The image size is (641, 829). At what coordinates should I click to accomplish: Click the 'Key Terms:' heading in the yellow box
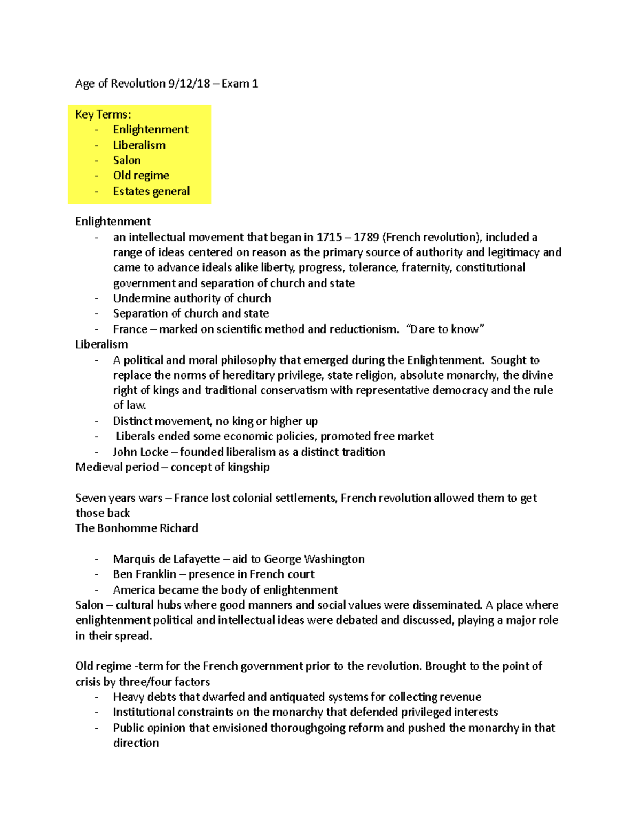click(103, 114)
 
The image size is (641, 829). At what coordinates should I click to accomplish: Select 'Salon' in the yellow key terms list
click(127, 160)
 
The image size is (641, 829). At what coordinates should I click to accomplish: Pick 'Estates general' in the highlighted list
click(151, 191)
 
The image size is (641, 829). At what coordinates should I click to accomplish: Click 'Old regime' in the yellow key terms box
click(141, 176)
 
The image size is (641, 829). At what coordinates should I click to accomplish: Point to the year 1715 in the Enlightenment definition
click(329, 237)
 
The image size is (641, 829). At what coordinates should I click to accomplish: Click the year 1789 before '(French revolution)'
click(366, 237)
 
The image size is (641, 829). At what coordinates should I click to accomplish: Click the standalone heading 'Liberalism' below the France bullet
click(101, 344)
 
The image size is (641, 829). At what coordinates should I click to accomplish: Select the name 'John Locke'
click(140, 452)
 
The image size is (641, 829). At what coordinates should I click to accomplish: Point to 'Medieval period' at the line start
click(117, 467)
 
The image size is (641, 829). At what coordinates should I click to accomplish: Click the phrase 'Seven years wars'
click(119, 498)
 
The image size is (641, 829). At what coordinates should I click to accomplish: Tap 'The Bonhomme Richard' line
click(137, 528)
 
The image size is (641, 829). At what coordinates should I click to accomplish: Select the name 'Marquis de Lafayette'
click(166, 559)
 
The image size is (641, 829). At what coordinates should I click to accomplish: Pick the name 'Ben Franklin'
click(144, 574)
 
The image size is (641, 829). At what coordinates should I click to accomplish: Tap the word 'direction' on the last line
click(136, 743)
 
